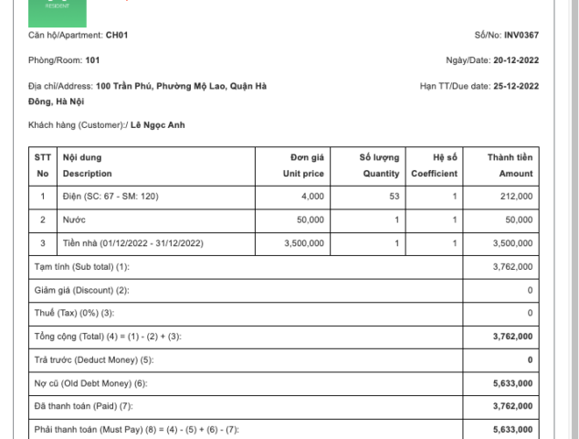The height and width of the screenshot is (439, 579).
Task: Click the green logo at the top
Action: click(x=58, y=12)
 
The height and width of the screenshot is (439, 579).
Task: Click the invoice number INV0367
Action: click(x=521, y=35)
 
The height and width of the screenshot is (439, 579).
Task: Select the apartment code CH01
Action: click(x=117, y=35)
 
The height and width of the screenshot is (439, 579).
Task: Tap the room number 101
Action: click(x=92, y=60)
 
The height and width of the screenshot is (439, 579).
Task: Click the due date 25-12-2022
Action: click(x=515, y=86)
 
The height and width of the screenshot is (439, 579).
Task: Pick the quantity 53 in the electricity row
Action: click(x=394, y=196)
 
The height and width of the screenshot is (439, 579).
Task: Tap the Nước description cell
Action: click(x=73, y=219)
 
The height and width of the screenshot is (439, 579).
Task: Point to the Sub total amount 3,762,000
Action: click(x=512, y=266)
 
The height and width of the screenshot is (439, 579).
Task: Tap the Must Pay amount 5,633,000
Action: click(x=512, y=429)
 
